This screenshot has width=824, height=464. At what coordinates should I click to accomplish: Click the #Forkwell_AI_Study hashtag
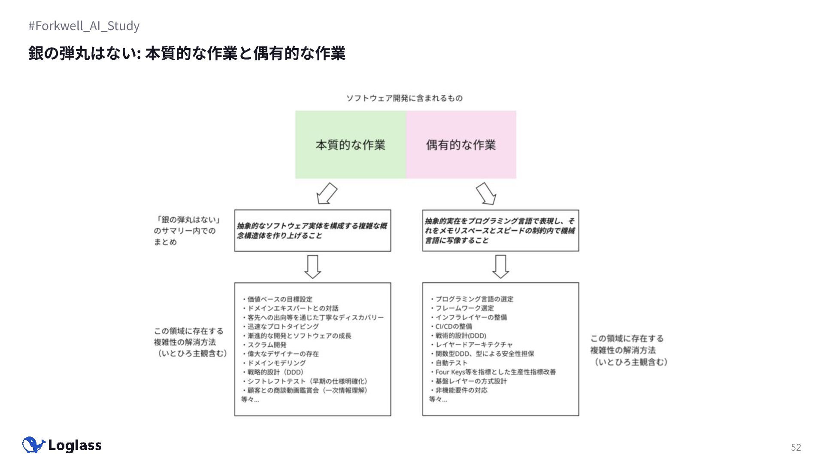[x=84, y=26]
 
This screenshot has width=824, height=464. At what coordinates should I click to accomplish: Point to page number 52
[x=796, y=447]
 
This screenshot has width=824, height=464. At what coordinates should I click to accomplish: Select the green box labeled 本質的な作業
[x=350, y=145]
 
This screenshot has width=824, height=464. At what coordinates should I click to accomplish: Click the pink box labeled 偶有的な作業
[x=461, y=145]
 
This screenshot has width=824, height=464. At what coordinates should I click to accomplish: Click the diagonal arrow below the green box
[x=327, y=193]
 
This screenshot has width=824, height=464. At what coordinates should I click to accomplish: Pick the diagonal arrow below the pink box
[x=486, y=193]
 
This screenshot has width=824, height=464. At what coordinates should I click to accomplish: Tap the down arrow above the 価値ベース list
[x=312, y=267]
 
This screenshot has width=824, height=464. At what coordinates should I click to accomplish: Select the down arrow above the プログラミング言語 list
[x=500, y=267]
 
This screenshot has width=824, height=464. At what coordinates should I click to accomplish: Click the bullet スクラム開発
[x=267, y=345]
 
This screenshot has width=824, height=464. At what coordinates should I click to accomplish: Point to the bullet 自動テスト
[x=451, y=363]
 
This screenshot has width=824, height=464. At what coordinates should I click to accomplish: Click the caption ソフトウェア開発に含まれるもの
[x=404, y=98]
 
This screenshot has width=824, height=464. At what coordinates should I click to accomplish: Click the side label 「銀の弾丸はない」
[x=188, y=220]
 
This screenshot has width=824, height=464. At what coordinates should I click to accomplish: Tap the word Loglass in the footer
[x=75, y=446]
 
